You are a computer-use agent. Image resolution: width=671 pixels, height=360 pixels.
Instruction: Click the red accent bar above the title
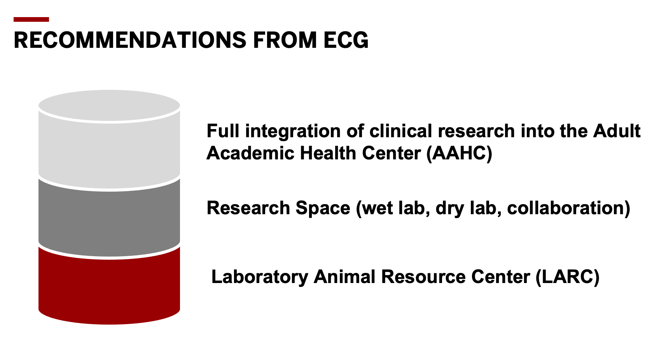click(x=31, y=19)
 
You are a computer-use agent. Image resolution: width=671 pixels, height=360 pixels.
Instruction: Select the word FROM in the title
click(x=285, y=40)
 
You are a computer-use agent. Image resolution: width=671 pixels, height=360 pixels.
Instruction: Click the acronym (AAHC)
click(x=459, y=153)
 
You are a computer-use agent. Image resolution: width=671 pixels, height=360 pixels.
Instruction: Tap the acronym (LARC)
click(x=567, y=277)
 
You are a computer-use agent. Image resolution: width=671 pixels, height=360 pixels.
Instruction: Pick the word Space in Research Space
click(x=323, y=208)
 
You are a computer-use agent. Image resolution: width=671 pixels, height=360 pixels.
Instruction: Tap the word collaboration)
click(x=568, y=208)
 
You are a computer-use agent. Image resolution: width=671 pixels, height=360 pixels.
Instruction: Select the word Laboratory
click(x=259, y=277)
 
